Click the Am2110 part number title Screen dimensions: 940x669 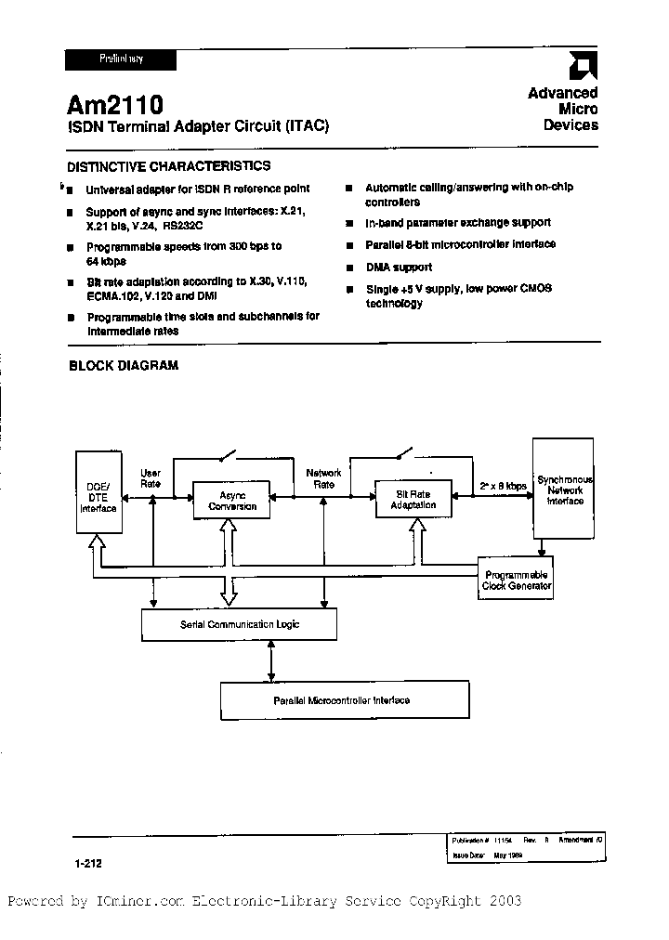point(115,105)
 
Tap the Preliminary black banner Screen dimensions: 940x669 point(120,59)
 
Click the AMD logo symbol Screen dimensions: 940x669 point(583,66)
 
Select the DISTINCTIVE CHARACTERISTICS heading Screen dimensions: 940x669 point(169,166)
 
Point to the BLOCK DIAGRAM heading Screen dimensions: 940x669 point(124,366)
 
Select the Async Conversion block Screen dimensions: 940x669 point(231,500)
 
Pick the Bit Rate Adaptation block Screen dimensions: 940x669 point(413,499)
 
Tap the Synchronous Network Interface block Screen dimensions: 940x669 point(564,490)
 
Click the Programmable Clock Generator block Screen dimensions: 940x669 point(516,580)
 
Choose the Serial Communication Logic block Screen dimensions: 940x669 point(240,624)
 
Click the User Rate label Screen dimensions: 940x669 point(150,477)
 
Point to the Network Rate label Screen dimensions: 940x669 point(323,477)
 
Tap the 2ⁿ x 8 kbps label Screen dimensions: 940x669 point(503,486)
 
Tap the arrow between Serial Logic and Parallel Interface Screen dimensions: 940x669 point(270,660)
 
